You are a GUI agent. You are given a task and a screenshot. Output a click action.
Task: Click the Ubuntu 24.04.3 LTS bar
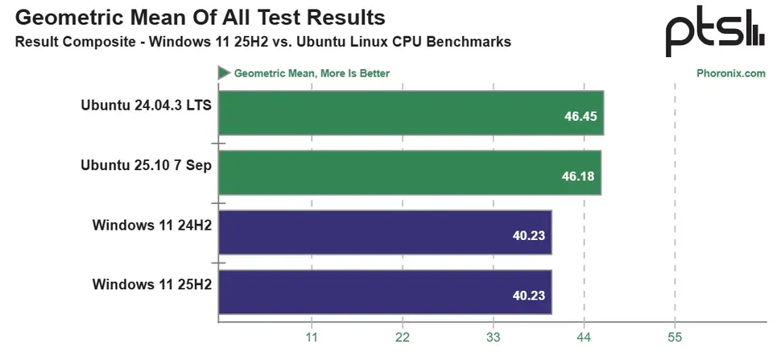411,114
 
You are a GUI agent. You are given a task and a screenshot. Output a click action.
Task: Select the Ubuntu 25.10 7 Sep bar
409,172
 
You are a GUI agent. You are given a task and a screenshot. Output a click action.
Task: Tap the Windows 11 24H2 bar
385,232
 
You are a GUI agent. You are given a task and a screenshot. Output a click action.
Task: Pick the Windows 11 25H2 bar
385,292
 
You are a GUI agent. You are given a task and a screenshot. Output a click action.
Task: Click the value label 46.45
581,116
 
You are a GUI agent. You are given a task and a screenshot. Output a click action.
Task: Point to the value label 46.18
578,176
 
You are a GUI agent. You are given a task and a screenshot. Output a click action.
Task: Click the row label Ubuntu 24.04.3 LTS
146,105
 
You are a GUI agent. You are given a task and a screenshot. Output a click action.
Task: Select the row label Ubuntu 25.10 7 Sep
146,164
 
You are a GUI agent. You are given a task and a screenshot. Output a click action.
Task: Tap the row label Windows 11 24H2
151,225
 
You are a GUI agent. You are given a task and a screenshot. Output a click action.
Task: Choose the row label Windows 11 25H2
151,284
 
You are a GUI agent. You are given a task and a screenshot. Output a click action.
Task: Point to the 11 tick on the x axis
312,337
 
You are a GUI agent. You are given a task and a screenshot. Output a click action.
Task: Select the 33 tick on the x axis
494,337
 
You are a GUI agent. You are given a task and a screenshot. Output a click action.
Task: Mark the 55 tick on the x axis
675,337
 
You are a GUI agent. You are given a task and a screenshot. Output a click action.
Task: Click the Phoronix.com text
730,73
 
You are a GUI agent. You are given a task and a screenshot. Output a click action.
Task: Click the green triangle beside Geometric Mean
223,73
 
